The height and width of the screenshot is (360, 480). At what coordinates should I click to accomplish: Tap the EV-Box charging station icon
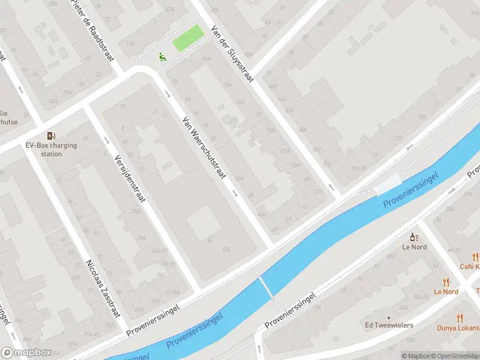point(52,135)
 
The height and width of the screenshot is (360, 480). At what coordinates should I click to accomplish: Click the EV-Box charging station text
point(52,149)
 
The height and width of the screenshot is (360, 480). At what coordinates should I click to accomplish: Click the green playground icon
point(161,57)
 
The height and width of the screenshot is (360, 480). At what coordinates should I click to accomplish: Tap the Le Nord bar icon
point(413,237)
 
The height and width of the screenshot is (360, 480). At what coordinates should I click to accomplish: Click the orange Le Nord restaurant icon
point(446,281)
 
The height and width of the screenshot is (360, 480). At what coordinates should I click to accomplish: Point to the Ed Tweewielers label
point(389,326)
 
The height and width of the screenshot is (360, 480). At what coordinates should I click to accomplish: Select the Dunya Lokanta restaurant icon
point(460,318)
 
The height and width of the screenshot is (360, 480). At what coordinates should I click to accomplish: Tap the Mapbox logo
point(25,353)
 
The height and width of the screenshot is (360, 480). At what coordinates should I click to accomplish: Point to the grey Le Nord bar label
point(414,247)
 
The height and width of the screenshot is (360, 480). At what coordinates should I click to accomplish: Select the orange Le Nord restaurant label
point(446,292)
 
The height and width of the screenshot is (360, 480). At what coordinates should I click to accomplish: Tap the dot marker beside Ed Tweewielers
point(389,317)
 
